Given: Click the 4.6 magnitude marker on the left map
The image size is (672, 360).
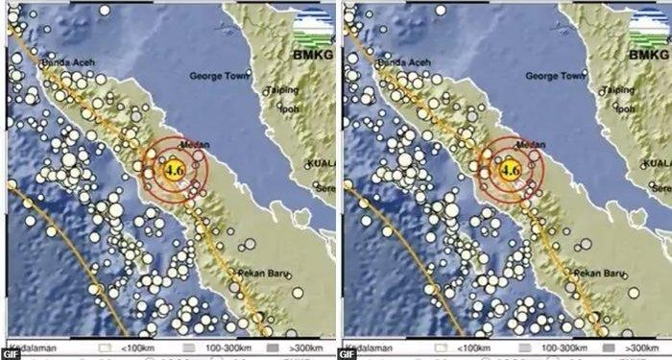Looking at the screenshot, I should pyautogui.click(x=175, y=170).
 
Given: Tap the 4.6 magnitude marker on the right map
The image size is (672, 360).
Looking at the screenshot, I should pyautogui.click(x=510, y=170).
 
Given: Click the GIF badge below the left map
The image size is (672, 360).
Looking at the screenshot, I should pyautogui.click(x=11, y=352).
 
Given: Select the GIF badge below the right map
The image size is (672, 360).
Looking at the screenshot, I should pyautogui.click(x=347, y=352).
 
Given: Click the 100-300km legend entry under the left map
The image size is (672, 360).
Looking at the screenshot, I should pyautogui.click(x=220, y=342).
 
